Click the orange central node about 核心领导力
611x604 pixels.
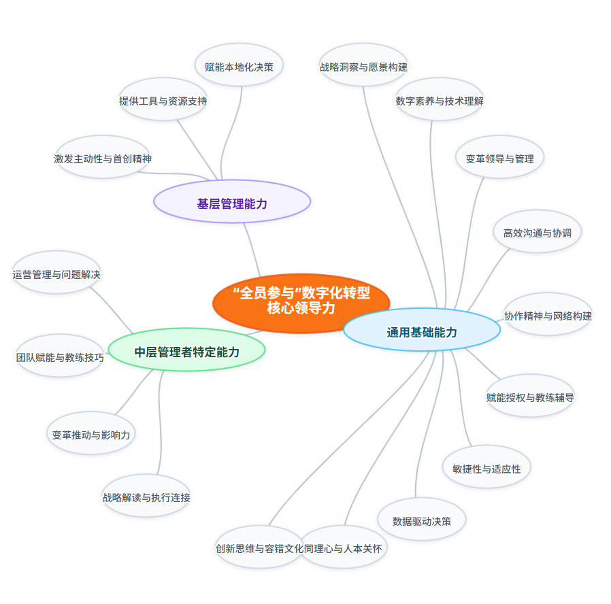[x=301, y=300]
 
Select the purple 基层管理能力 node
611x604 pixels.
[x=232, y=203]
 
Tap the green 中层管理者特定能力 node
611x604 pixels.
[x=186, y=352]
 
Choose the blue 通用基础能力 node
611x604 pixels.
[x=422, y=332]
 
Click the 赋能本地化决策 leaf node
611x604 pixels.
[x=239, y=67]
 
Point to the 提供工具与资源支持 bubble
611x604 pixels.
[x=163, y=101]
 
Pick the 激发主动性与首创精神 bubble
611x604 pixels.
[x=103, y=158]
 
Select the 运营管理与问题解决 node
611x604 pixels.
[x=56, y=275]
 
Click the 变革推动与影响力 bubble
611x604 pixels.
[x=91, y=435]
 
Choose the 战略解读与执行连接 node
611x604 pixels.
[x=146, y=497]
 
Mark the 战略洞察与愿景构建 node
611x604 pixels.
[x=363, y=67]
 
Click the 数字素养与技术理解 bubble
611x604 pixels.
[x=440, y=101]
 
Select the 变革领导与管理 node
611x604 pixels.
[x=500, y=158]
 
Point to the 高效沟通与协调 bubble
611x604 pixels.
[x=538, y=233]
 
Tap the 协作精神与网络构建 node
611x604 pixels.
[x=548, y=316]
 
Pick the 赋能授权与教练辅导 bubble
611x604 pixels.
[x=530, y=397]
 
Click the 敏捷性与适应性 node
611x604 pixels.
[x=486, y=469]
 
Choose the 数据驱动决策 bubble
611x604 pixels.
[x=422, y=521]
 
